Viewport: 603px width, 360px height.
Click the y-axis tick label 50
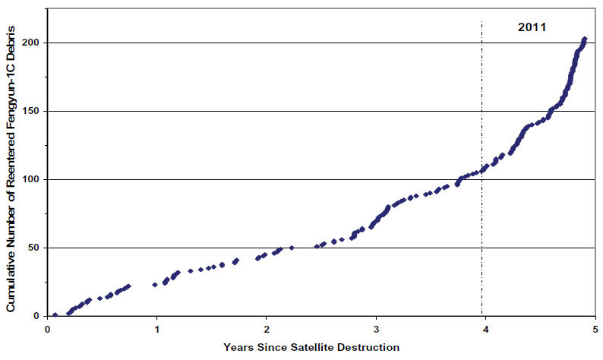click(x=35, y=248)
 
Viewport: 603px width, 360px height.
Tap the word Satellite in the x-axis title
click(x=310, y=348)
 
